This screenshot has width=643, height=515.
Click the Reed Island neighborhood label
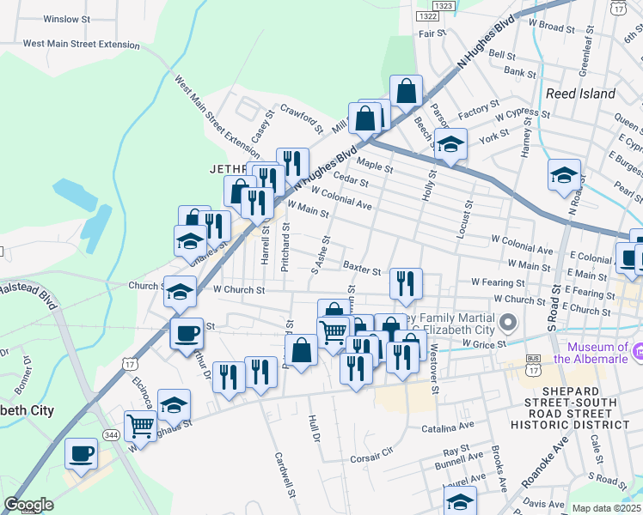(x=580, y=93)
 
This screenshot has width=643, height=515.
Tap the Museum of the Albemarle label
(x=598, y=352)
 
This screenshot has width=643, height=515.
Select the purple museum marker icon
(x=637, y=351)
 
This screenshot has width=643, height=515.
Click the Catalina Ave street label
(x=448, y=427)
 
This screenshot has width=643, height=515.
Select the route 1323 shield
(x=444, y=5)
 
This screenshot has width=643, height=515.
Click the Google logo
(x=28, y=505)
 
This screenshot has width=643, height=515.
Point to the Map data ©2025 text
(x=606, y=508)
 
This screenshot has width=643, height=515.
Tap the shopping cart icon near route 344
(x=139, y=423)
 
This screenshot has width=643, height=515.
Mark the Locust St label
(x=469, y=219)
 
